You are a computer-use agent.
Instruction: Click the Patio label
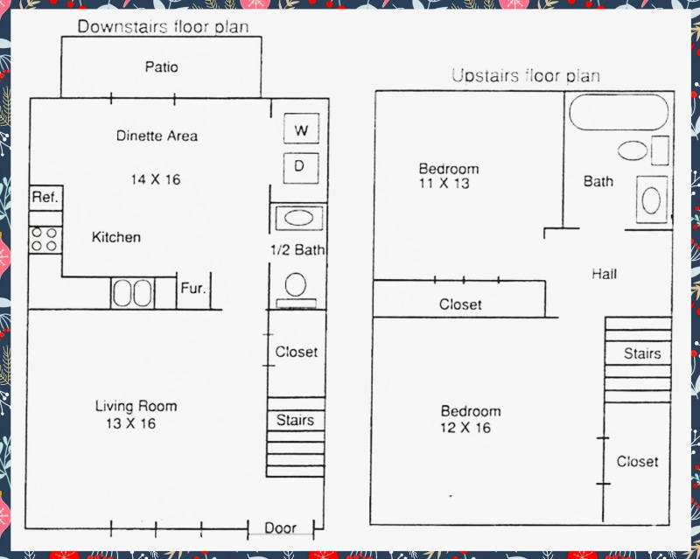tap(162, 67)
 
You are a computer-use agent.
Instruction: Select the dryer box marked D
tap(299, 165)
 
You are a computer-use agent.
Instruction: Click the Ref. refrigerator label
tap(45, 198)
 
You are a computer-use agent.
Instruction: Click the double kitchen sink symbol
tap(132, 292)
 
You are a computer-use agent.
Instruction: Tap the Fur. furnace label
tap(193, 289)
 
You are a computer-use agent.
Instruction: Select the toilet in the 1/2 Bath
tap(296, 285)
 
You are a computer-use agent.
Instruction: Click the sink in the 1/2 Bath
tap(299, 218)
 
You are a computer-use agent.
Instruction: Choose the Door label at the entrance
tap(280, 528)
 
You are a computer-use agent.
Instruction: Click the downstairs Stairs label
tap(295, 420)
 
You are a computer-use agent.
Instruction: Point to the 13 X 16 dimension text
tap(130, 424)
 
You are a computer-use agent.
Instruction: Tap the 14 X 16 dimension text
tap(157, 179)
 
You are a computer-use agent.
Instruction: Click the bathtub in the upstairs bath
tap(619, 113)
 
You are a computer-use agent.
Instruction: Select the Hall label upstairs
tap(604, 274)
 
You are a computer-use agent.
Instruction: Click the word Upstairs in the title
tap(484, 76)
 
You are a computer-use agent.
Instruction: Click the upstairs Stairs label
tap(641, 354)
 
